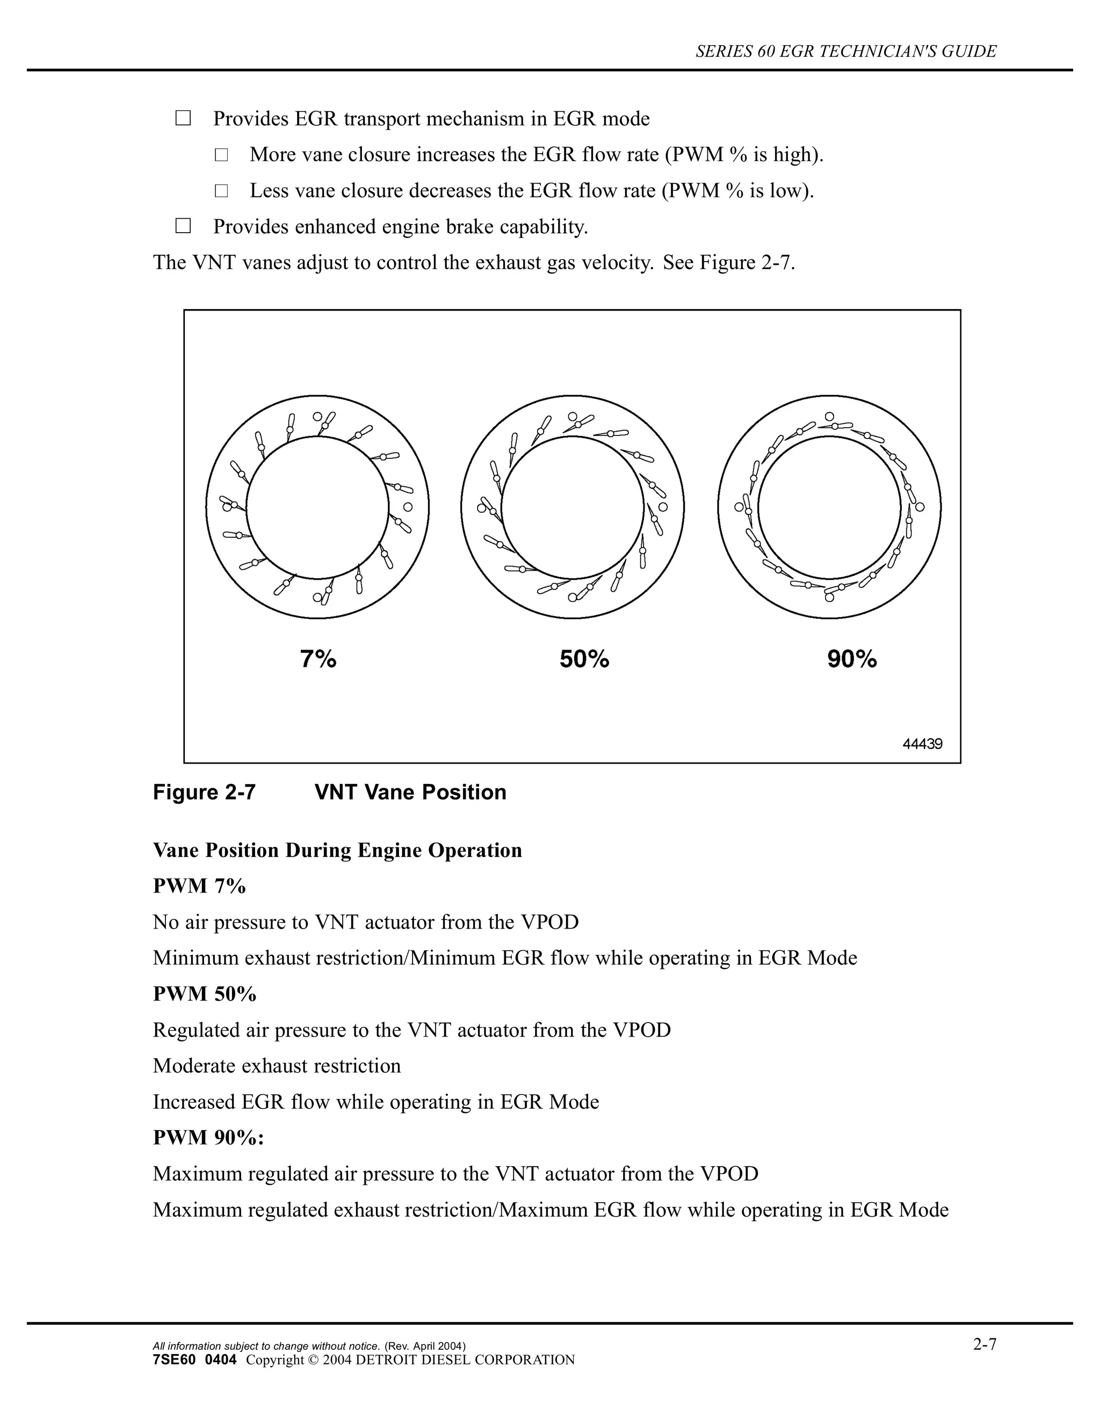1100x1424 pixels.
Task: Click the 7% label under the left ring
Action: (318, 659)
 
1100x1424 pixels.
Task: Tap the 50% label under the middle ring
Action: (584, 659)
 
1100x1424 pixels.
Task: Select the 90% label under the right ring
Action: (852, 659)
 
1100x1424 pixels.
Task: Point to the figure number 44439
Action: (922, 744)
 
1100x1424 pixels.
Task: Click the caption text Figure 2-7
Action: (204, 792)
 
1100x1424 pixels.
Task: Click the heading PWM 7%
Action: (199, 886)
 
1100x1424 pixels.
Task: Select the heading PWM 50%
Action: (205, 994)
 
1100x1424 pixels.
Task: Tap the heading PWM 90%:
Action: (208, 1137)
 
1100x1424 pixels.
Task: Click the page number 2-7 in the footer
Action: (985, 1344)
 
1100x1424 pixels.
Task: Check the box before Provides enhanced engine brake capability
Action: (183, 226)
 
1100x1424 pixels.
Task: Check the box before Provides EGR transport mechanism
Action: (183, 119)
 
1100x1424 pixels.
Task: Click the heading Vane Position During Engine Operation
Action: (337, 850)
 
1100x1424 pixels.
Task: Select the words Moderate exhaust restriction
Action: (277, 1066)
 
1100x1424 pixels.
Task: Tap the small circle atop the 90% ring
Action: (829, 416)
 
